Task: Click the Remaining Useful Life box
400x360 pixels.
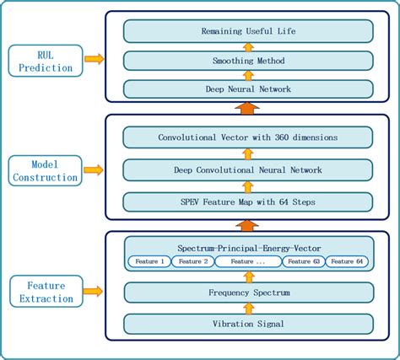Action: pos(248,32)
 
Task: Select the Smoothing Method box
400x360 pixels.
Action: pos(248,61)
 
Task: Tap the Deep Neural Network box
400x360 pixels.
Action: pos(248,89)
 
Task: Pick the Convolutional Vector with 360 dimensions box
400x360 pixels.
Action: pos(248,137)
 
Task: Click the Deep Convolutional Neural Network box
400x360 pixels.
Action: pos(248,169)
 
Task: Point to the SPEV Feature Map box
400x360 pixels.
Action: pos(248,201)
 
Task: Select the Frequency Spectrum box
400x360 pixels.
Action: pos(248,293)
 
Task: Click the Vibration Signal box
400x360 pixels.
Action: pos(248,323)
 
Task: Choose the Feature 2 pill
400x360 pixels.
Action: pos(192,262)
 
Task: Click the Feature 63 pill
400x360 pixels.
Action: pos(303,262)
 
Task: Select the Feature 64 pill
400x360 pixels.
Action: pos(348,262)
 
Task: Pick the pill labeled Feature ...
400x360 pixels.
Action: pos(248,262)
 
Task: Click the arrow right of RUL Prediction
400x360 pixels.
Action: pos(94,59)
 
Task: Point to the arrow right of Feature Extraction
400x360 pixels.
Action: pos(94,292)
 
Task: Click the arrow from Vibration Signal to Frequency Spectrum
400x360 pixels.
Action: pos(248,308)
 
